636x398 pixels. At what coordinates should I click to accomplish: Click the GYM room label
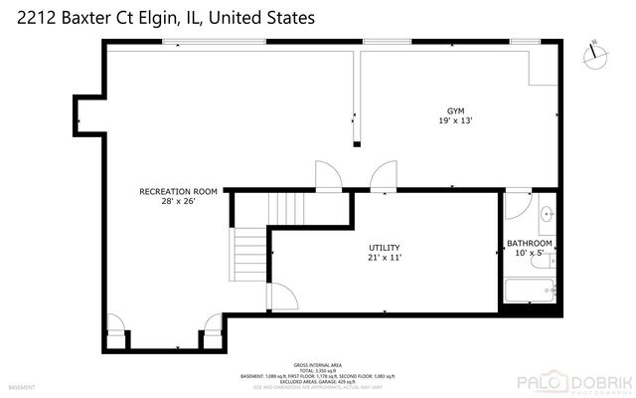(x=455, y=110)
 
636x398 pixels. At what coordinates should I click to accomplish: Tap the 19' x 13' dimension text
(x=455, y=121)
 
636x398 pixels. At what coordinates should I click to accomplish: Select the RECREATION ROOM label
(x=178, y=190)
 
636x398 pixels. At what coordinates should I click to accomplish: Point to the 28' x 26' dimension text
(x=179, y=201)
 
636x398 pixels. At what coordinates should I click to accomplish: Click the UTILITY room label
(x=384, y=246)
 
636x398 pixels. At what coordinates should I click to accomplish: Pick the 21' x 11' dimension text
(x=384, y=257)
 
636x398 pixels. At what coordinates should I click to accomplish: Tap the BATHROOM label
(x=529, y=243)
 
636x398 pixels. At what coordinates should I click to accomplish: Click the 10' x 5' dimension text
(x=530, y=254)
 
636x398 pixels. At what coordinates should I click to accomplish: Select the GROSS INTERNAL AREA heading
(x=317, y=364)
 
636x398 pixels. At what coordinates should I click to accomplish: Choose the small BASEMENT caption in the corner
(x=21, y=387)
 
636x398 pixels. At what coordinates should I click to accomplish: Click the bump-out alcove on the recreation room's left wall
(x=88, y=118)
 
